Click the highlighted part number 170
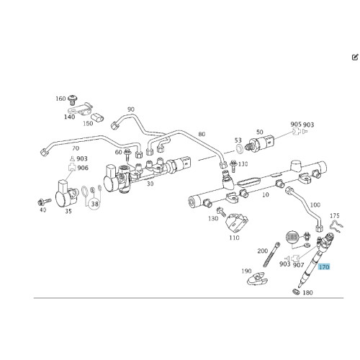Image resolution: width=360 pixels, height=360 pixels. (324, 266)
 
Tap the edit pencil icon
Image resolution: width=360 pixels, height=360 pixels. (355, 58)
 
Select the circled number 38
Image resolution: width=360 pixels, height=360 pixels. (95, 204)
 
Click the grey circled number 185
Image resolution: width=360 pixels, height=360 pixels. (292, 237)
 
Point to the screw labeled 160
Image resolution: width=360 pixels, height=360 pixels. (72, 99)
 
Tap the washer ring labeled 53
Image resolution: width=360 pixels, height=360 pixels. (239, 149)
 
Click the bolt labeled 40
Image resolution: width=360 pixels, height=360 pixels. (45, 202)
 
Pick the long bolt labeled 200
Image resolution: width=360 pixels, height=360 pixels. (272, 254)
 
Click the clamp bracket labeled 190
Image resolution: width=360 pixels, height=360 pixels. (257, 279)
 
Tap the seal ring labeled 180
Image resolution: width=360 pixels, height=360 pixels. (297, 292)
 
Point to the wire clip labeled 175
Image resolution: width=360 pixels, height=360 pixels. (336, 225)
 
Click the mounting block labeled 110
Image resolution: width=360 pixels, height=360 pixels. (237, 223)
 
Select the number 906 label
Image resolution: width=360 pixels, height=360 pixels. (83, 168)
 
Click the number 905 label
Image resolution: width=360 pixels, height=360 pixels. (296, 124)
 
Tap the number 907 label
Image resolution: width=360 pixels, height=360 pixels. (299, 265)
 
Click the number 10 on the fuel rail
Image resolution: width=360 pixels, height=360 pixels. (266, 194)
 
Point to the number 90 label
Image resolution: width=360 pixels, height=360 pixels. (131, 109)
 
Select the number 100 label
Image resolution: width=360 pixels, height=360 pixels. (315, 204)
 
